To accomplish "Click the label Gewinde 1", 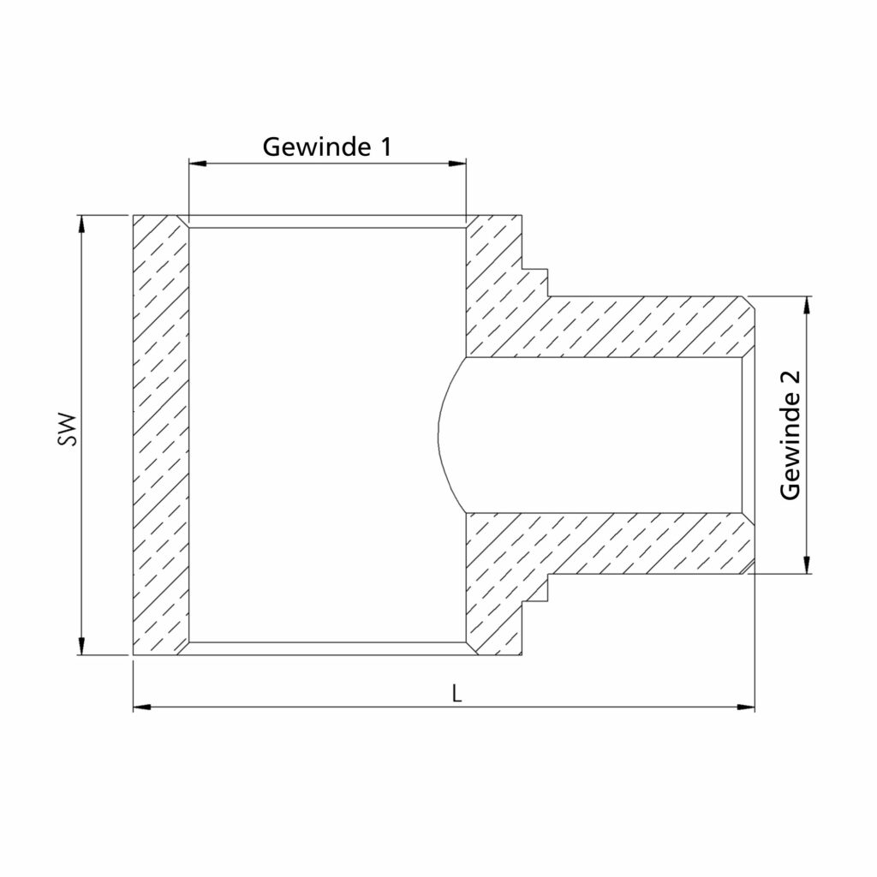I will tap(326, 146).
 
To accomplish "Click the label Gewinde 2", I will tap(790, 435).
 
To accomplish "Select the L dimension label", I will tap(458, 694).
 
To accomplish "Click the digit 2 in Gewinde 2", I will tap(790, 379).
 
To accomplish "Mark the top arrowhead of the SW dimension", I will tap(82, 222).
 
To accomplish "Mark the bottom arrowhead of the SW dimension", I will tap(82, 648).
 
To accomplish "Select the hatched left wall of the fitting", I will tap(160, 435).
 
